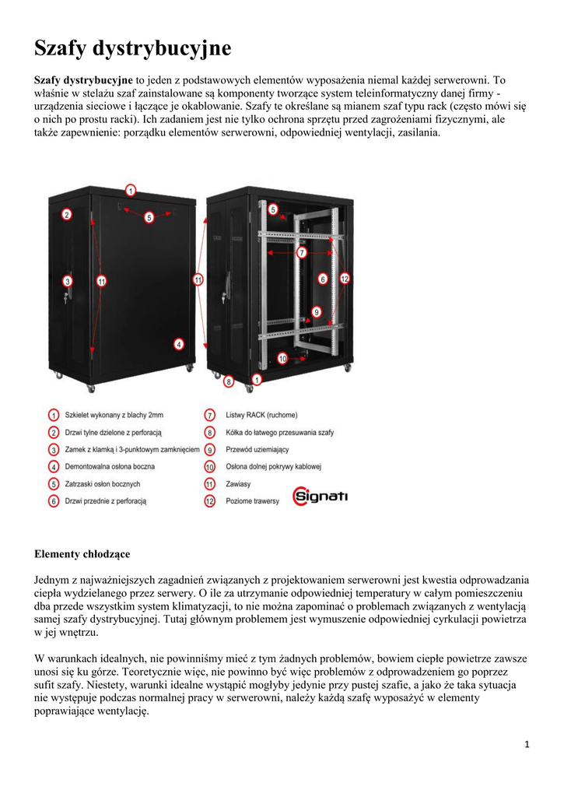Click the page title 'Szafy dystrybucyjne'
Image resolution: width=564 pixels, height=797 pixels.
click(132, 48)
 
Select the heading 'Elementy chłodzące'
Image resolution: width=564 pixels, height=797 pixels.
click(82, 554)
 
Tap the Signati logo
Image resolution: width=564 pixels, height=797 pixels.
click(320, 495)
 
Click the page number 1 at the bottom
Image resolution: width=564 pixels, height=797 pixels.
click(527, 745)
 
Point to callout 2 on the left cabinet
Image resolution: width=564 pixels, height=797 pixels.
click(67, 215)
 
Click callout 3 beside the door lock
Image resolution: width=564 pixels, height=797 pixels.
click(68, 281)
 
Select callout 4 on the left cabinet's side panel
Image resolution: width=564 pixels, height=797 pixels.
click(179, 343)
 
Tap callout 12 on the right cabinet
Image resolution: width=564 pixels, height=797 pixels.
click(345, 277)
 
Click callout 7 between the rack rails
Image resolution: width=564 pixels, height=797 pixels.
click(301, 252)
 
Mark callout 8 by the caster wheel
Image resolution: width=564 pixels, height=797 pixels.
click(229, 381)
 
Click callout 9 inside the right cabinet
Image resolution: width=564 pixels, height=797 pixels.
click(317, 311)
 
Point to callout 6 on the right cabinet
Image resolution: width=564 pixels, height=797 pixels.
click(322, 278)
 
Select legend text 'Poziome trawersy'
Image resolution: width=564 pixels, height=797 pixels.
click(252, 500)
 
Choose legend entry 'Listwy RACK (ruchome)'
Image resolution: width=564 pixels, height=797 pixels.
click(261, 415)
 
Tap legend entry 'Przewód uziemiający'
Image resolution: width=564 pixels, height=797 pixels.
click(257, 449)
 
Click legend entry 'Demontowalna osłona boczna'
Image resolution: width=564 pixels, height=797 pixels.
click(110, 466)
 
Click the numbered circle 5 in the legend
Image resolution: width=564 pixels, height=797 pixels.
click(54, 483)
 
